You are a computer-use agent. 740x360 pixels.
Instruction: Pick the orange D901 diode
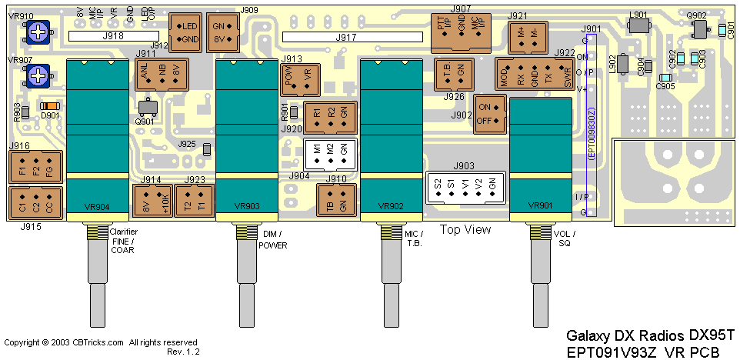point(50,106)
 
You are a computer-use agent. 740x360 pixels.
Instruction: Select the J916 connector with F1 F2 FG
point(34,168)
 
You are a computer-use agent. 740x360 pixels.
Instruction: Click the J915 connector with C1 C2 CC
point(34,204)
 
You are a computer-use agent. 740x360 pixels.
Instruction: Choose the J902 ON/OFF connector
point(489,114)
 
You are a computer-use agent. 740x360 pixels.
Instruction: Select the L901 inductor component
point(638,26)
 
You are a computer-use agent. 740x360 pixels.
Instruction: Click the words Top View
point(465,229)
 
